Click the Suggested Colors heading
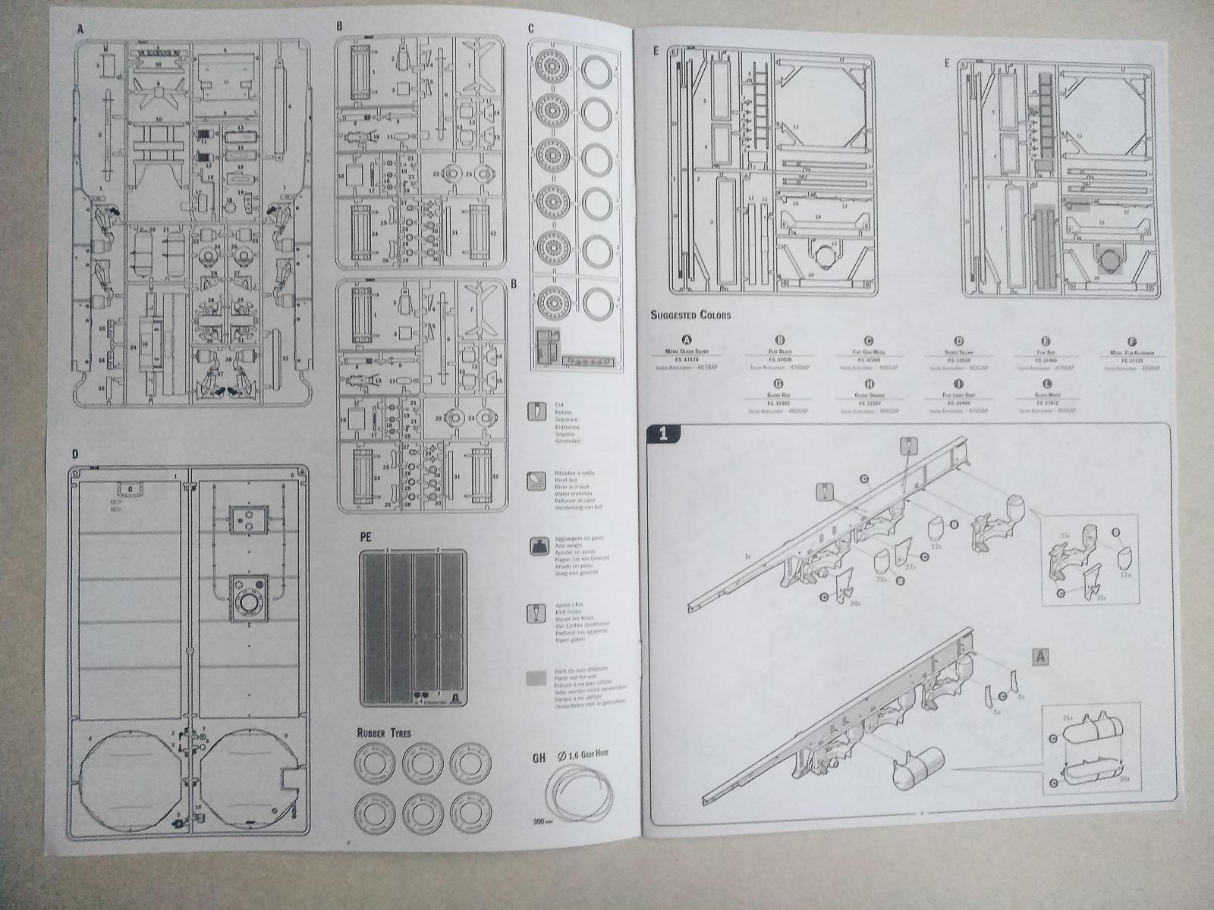coord(690,314)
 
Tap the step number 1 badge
coord(663,434)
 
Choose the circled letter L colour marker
coord(1046,384)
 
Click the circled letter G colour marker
coord(779,384)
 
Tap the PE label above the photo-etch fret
coord(366,538)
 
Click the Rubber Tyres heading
coord(385,733)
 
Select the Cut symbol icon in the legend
coord(537,412)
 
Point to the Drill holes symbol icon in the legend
coord(537,613)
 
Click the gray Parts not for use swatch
coord(537,677)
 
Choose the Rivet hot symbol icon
coord(537,481)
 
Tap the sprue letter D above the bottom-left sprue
coord(74,455)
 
